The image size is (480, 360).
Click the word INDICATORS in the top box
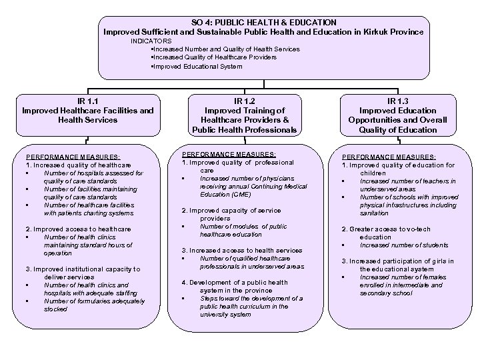point(151,41)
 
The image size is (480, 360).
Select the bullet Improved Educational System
point(197,66)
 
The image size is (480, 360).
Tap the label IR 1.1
point(87,101)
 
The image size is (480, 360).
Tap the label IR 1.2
point(245,101)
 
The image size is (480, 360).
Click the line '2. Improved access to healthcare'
point(78,229)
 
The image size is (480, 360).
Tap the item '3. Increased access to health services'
point(242,250)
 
